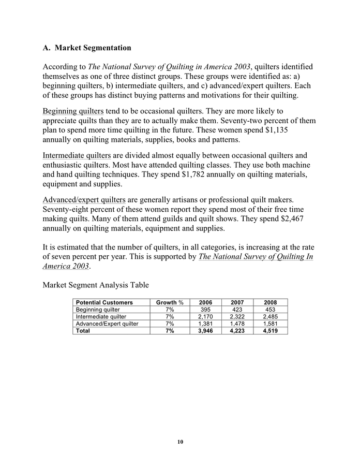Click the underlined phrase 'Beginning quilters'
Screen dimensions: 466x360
(x=73, y=111)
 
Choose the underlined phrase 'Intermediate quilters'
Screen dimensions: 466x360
(x=77, y=155)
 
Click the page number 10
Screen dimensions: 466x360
(x=180, y=442)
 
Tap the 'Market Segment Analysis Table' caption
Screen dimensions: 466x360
(x=96, y=285)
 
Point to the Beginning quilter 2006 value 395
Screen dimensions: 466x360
(x=206, y=310)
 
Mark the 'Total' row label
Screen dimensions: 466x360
(x=83, y=331)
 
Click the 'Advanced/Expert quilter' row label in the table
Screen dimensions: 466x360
(x=107, y=324)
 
